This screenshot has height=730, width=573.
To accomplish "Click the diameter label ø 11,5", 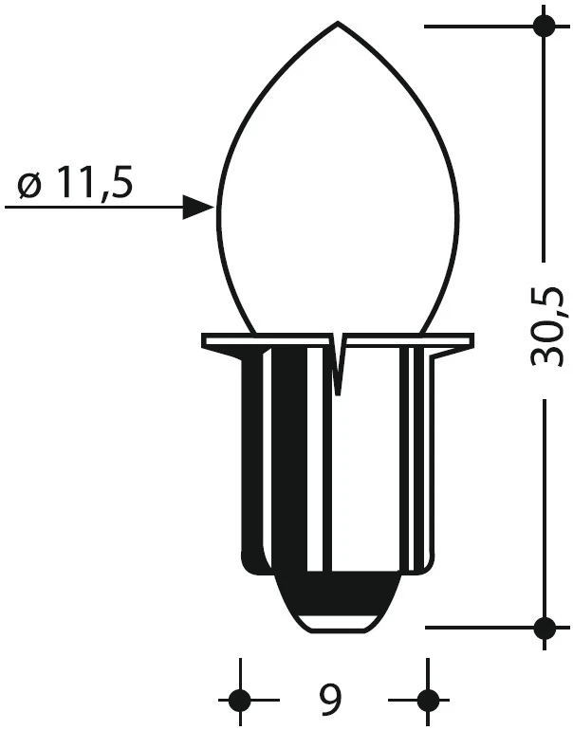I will pyautogui.click(x=74, y=183).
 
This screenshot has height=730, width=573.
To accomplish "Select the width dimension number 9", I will pyautogui.click(x=330, y=700).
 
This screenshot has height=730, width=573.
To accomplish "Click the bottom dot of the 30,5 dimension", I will pyautogui.click(x=544, y=627).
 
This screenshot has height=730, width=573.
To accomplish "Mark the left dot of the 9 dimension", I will pyautogui.click(x=239, y=701).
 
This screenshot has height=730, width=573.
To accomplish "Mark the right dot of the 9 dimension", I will pyautogui.click(x=428, y=701).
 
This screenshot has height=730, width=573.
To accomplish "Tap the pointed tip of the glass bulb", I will pyautogui.click(x=339, y=22).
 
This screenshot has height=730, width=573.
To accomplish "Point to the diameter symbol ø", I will pyautogui.click(x=28, y=185).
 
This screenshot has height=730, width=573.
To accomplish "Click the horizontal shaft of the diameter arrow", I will pyautogui.click(x=95, y=208).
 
